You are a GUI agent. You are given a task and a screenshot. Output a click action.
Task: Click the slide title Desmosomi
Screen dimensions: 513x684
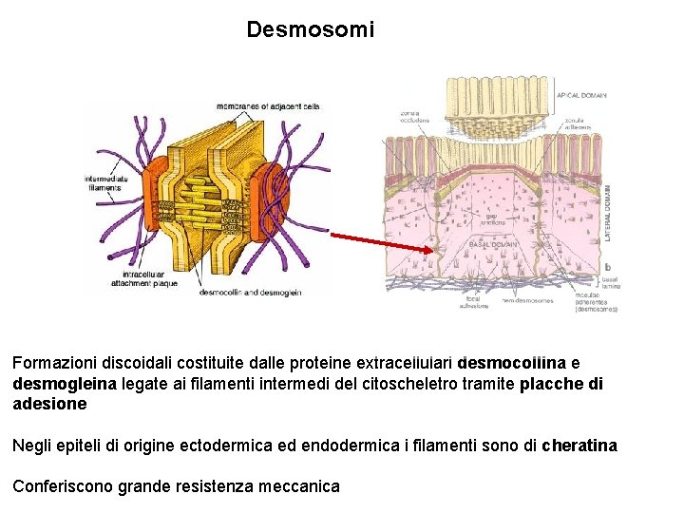pos(310,29)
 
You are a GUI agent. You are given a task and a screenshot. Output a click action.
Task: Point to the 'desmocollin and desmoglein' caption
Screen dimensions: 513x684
pos(250,293)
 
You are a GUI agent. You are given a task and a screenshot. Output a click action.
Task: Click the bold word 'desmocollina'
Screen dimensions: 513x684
pos(511,363)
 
